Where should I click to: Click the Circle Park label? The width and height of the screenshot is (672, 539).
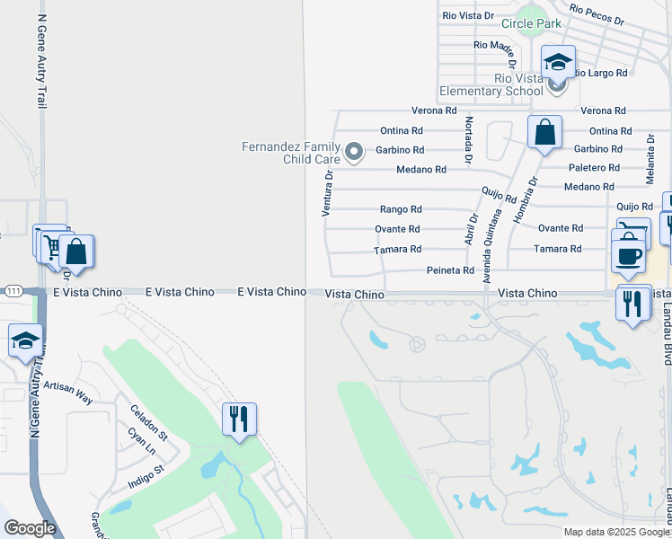(x=531, y=23)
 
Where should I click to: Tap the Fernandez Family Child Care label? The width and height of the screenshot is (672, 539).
(x=291, y=153)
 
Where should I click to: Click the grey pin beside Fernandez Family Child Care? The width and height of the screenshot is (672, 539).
(x=354, y=152)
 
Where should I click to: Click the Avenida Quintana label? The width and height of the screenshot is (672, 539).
(x=492, y=245)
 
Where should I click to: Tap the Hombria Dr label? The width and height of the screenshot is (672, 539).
(x=526, y=199)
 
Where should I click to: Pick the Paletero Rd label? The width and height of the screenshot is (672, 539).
(x=593, y=168)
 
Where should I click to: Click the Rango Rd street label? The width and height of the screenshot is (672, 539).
(x=400, y=209)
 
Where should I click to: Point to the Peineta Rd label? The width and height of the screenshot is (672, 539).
(x=449, y=270)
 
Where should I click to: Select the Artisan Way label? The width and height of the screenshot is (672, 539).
(x=69, y=390)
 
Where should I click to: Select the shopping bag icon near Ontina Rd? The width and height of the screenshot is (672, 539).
(x=544, y=133)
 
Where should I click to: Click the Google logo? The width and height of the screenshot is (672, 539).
(x=30, y=528)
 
